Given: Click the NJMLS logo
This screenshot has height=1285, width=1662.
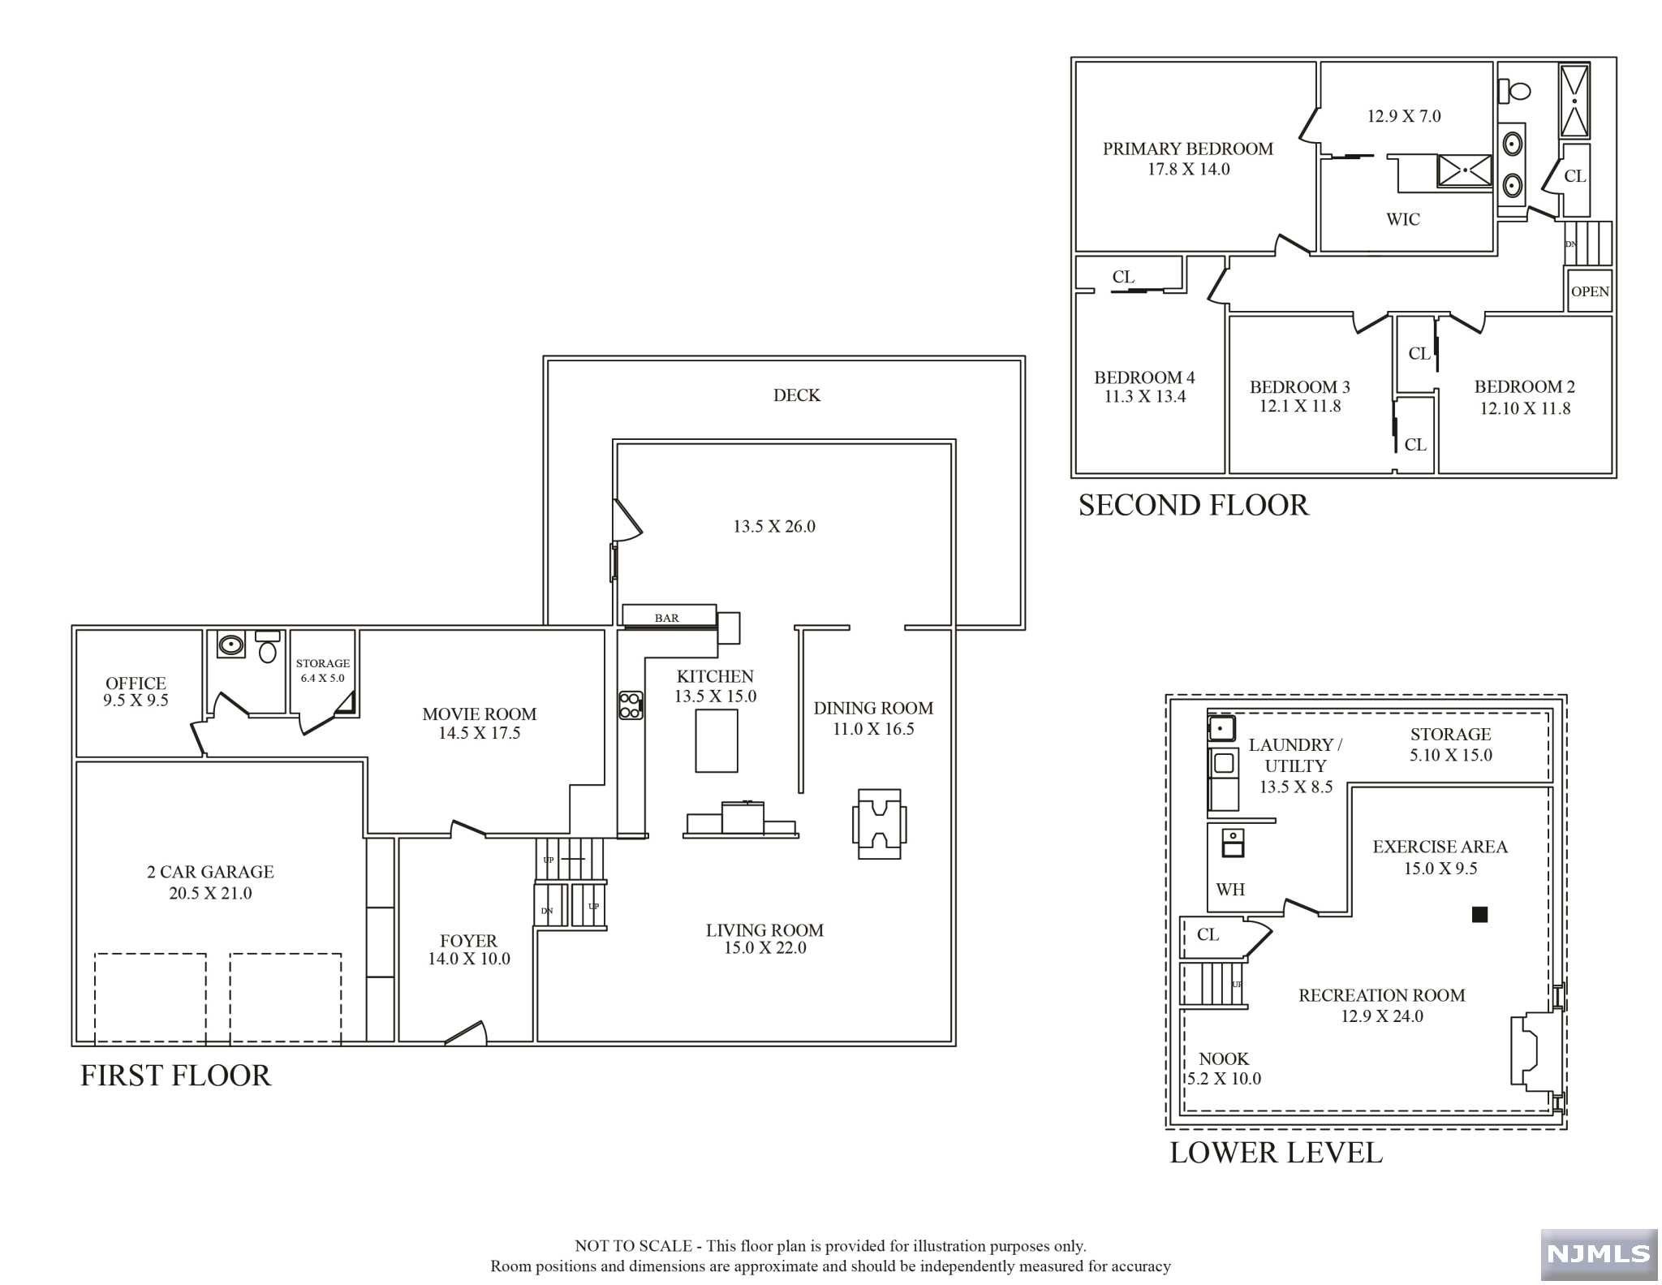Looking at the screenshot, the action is (1599, 1254).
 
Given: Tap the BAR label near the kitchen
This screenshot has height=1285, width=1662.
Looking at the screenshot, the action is (666, 618).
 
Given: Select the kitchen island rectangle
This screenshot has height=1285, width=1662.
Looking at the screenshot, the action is (717, 740).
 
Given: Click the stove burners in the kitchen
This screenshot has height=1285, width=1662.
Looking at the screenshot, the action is (631, 705).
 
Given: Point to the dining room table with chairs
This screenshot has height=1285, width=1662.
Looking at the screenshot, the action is (879, 824).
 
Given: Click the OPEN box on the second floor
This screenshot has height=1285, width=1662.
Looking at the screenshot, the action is (1590, 291).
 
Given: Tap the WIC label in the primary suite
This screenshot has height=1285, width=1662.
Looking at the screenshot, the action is (1402, 219).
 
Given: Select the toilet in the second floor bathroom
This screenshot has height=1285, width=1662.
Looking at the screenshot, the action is (1513, 90).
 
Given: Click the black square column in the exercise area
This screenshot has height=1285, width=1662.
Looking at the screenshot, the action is (1479, 915).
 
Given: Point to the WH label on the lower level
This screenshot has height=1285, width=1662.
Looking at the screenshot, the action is (1229, 890).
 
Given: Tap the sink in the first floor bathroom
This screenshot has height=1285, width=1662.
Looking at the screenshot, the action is (231, 645).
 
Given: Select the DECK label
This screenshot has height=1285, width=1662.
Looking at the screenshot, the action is (796, 395).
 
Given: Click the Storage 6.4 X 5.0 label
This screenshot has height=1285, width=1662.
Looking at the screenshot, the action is (323, 671).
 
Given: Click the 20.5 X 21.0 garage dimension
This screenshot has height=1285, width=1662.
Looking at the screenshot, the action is (210, 893).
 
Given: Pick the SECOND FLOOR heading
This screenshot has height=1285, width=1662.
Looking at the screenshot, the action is (1193, 505).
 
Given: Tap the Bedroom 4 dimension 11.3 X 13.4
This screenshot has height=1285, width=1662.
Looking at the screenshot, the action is (1144, 397).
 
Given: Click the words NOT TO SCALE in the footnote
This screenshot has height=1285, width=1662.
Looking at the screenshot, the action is (633, 1246).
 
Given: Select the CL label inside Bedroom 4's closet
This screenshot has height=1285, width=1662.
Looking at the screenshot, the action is (1123, 277).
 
